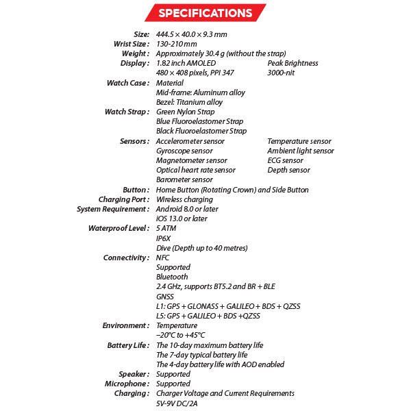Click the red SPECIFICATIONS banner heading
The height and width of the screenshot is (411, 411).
point(205,13)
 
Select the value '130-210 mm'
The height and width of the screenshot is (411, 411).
point(177,44)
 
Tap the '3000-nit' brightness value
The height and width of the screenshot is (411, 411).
point(284,73)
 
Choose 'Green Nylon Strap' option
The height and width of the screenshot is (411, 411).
point(185,112)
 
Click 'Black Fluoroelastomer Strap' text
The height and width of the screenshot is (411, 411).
point(201,131)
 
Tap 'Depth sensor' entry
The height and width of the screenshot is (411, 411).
point(288,170)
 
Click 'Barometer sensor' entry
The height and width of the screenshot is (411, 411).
point(184,179)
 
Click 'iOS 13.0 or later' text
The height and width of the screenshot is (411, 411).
point(182,219)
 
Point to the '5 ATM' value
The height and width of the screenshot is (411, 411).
point(166,228)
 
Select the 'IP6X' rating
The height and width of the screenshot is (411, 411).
point(164,238)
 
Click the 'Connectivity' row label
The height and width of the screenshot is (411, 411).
point(126,258)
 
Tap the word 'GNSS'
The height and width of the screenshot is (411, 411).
point(165,297)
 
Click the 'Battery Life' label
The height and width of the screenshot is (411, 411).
point(128,345)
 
